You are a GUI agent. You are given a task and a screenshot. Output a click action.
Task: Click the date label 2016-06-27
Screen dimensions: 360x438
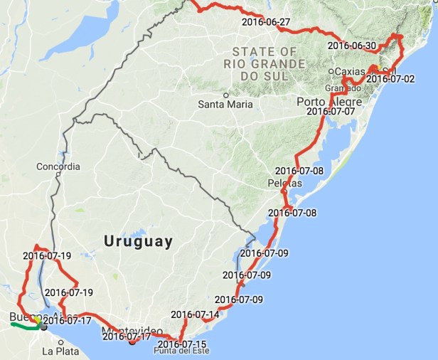[266, 22]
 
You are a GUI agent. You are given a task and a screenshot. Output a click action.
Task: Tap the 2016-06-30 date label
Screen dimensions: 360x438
[352, 46]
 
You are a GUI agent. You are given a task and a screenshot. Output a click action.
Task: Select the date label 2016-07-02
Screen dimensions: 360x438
[390, 78]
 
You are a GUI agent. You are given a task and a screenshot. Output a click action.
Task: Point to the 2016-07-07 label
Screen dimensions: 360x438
[330, 111]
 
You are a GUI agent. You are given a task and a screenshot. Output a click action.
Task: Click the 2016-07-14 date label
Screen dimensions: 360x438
[195, 314]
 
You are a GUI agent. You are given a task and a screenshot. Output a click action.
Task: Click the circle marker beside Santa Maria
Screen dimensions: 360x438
[226, 95]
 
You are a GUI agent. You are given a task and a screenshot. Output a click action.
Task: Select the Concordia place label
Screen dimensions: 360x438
[58, 167]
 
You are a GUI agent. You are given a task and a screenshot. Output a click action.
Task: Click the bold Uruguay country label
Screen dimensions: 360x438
[138, 241]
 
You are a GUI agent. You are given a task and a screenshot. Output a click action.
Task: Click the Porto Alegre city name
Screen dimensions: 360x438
[329, 102]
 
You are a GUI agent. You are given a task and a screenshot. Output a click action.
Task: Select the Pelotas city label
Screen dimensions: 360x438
[285, 183]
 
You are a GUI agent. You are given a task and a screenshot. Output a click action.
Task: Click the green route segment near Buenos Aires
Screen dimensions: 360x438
[21, 327]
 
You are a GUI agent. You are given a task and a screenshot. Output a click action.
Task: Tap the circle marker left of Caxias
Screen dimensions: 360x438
[331, 71]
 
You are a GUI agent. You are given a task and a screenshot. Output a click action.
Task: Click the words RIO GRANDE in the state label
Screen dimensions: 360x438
[264, 64]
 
